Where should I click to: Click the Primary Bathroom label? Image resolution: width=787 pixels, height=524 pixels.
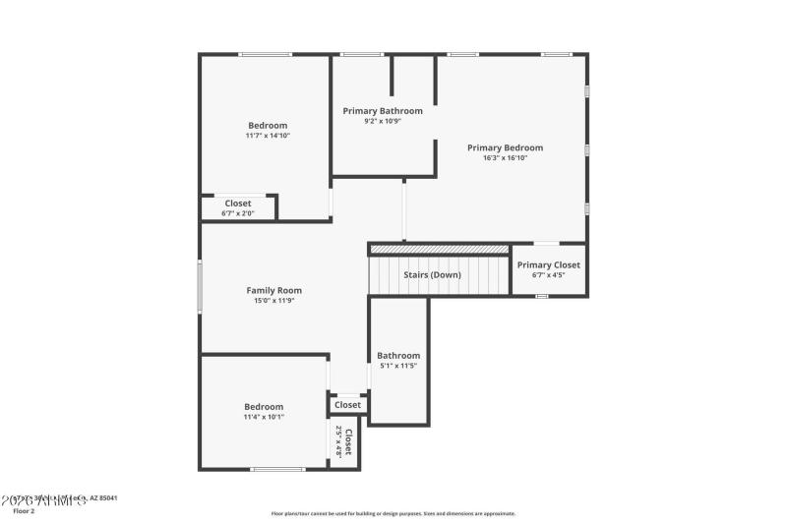tap(383, 111)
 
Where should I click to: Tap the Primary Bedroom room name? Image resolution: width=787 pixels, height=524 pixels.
tap(505, 147)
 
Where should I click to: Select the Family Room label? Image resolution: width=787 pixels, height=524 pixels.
tap(273, 290)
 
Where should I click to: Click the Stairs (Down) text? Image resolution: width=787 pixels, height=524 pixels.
tap(432, 275)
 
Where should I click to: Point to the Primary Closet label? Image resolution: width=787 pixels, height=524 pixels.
tap(549, 264)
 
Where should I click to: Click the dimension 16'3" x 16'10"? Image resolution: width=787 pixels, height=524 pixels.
tap(505, 157)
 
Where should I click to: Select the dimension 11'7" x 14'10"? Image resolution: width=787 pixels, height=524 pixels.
tap(268, 136)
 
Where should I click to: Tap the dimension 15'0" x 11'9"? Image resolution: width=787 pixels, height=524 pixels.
tap(273, 301)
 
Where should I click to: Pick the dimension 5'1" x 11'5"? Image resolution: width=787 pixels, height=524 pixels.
tap(398, 366)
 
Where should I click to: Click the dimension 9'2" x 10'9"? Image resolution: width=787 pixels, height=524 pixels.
tap(383, 121)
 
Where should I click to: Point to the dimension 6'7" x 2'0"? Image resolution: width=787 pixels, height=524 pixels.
tap(238, 213)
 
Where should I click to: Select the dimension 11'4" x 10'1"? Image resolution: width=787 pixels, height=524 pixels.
tap(264, 417)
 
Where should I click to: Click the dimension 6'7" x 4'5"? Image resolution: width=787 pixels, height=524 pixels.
tap(549, 275)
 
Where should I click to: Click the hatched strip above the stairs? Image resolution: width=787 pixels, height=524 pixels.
tap(439, 250)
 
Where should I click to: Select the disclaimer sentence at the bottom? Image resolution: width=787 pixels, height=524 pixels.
tap(393, 513)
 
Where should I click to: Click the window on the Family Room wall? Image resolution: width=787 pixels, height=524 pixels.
tap(200, 286)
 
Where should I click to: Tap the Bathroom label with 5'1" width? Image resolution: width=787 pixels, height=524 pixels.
tap(398, 356)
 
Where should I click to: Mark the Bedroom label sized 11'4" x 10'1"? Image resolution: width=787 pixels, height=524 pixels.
tap(264, 407)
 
